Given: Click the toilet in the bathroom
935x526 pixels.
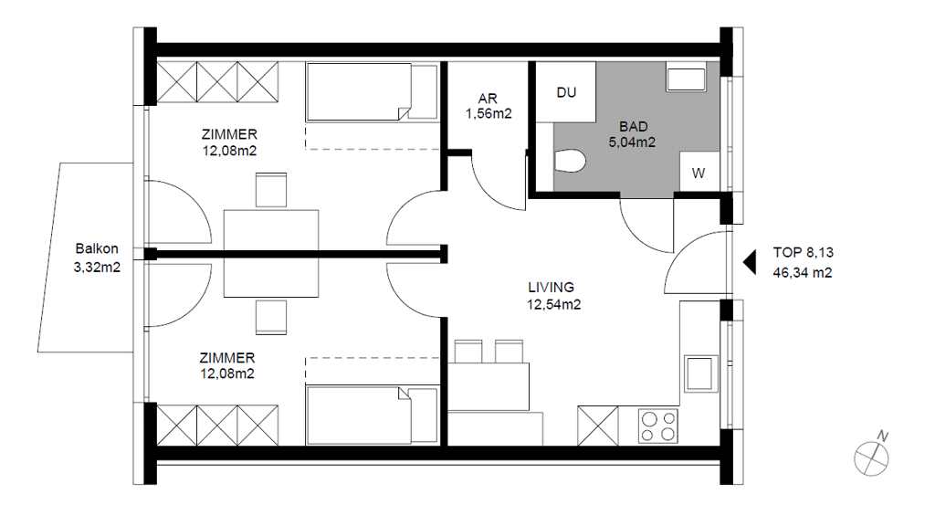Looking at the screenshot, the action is pyautogui.click(x=570, y=161).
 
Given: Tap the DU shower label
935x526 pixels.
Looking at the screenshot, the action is pyautogui.click(x=566, y=92).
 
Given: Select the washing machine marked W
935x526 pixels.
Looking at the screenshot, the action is pyautogui.click(x=699, y=172).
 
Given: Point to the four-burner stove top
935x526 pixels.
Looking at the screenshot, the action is pyautogui.click(x=658, y=426).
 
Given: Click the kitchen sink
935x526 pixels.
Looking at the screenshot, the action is pyautogui.click(x=700, y=373).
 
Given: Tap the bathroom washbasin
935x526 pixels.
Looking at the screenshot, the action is pyautogui.click(x=686, y=78).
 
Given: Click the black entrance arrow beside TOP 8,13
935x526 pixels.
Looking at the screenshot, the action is pyautogui.click(x=750, y=262).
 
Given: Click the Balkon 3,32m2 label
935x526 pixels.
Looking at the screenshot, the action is pyautogui.click(x=97, y=258).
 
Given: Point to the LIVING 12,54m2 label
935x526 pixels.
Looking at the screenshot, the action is pyautogui.click(x=553, y=296).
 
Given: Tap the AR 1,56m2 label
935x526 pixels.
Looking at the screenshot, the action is pyautogui.click(x=489, y=106).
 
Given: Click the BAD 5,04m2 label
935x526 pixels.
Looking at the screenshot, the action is pyautogui.click(x=632, y=134).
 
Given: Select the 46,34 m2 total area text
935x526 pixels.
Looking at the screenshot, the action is pyautogui.click(x=803, y=272).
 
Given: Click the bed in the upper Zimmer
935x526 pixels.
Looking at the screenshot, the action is pyautogui.click(x=373, y=92).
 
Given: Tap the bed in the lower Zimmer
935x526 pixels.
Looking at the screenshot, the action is pyautogui.click(x=373, y=415).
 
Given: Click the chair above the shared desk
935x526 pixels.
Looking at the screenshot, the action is pyautogui.click(x=271, y=190).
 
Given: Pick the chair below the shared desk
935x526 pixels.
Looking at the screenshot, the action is pyautogui.click(x=271, y=317).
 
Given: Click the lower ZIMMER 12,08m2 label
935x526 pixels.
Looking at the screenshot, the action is pyautogui.click(x=227, y=365).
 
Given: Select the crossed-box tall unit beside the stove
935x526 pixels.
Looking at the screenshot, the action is pyautogui.click(x=598, y=426).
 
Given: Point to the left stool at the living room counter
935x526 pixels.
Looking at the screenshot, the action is pyautogui.click(x=468, y=352).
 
